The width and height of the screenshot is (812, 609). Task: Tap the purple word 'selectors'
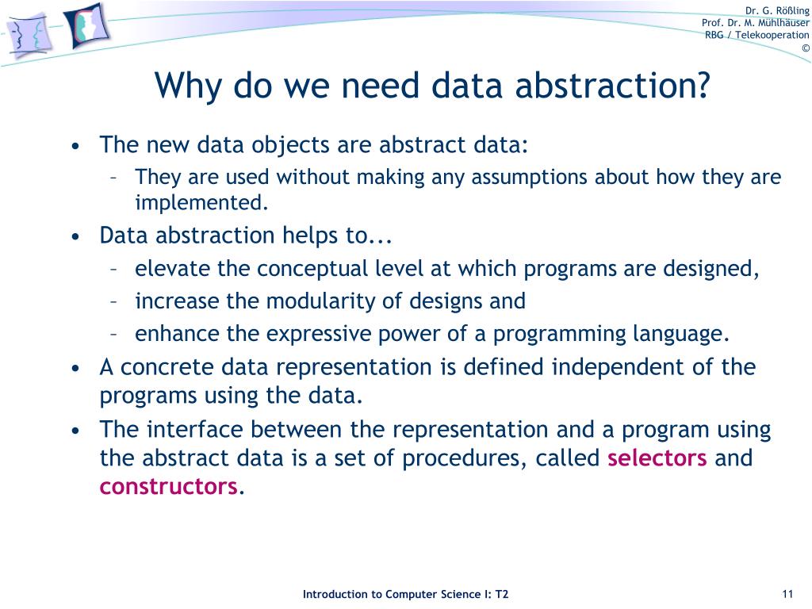pos(657,458)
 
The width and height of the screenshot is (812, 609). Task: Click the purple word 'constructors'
pos(168,486)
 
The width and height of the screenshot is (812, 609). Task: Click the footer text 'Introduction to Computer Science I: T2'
pos(406,595)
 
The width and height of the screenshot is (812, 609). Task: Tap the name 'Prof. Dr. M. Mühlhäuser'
pos(756,22)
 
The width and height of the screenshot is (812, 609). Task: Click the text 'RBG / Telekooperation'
pos(757,35)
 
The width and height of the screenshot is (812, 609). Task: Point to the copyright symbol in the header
pos(805,48)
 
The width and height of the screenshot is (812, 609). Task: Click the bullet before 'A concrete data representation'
pos(75,369)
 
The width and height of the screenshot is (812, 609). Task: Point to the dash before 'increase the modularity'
pos(115,301)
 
